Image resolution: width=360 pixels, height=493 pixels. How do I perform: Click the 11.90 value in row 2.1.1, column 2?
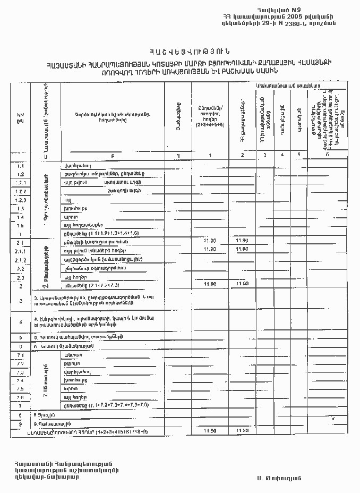(242, 250)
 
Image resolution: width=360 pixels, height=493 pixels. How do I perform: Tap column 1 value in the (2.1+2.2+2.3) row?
(209, 285)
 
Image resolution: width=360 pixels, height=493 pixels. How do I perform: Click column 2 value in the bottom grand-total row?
(242, 431)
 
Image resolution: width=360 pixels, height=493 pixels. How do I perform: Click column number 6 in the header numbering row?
(327, 155)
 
